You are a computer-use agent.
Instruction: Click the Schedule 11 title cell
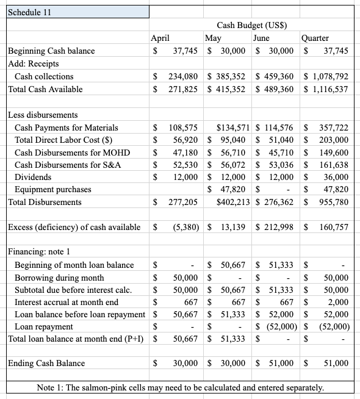click(29, 13)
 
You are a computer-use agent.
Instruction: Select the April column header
click(160, 38)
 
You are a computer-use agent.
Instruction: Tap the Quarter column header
click(315, 38)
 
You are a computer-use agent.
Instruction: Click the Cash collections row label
click(44, 76)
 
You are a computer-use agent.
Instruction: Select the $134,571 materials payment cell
click(231, 128)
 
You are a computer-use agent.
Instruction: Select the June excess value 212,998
click(280, 227)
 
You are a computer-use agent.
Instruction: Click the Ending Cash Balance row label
click(46, 363)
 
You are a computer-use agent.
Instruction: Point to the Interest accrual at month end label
click(67, 301)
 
